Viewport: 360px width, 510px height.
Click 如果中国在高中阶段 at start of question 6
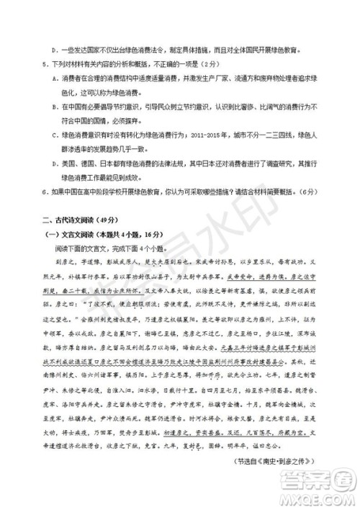pyautogui.click(x=78, y=192)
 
